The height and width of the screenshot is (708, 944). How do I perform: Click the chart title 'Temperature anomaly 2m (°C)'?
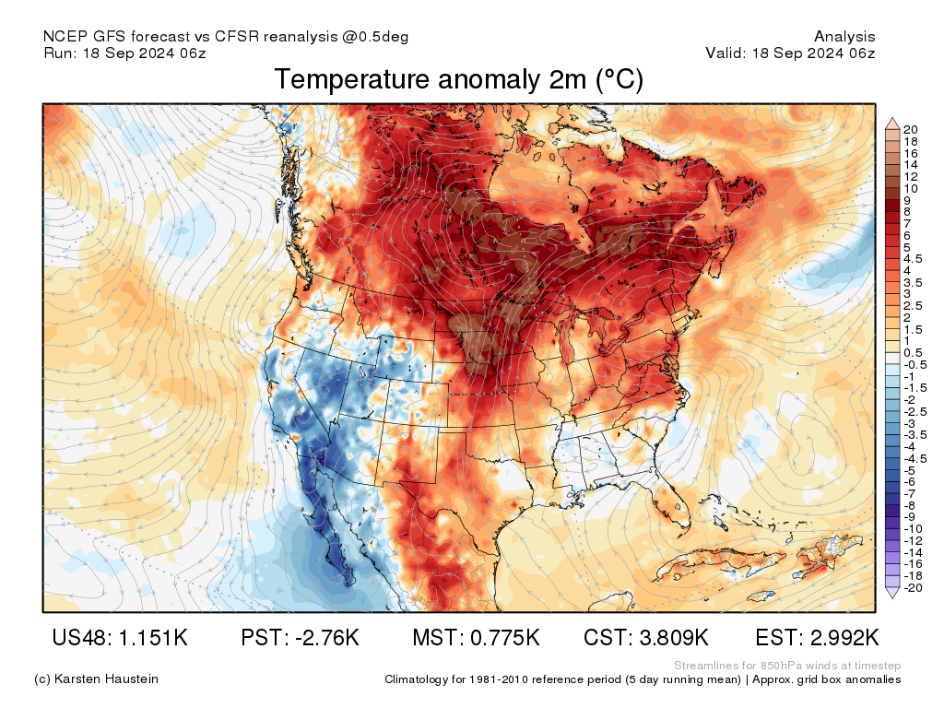(x=458, y=80)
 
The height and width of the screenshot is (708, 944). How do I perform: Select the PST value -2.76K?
(x=318, y=638)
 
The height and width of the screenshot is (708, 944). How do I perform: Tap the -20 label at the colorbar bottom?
(x=914, y=588)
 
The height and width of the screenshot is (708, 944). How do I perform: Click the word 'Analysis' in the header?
(x=844, y=37)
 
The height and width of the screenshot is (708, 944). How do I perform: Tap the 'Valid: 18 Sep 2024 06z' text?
(x=790, y=53)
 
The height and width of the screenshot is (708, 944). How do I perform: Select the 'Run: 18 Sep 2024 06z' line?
(x=124, y=53)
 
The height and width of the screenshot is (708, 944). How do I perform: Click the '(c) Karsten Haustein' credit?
(x=96, y=678)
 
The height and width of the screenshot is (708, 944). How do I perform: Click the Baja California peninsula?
(x=329, y=535)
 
